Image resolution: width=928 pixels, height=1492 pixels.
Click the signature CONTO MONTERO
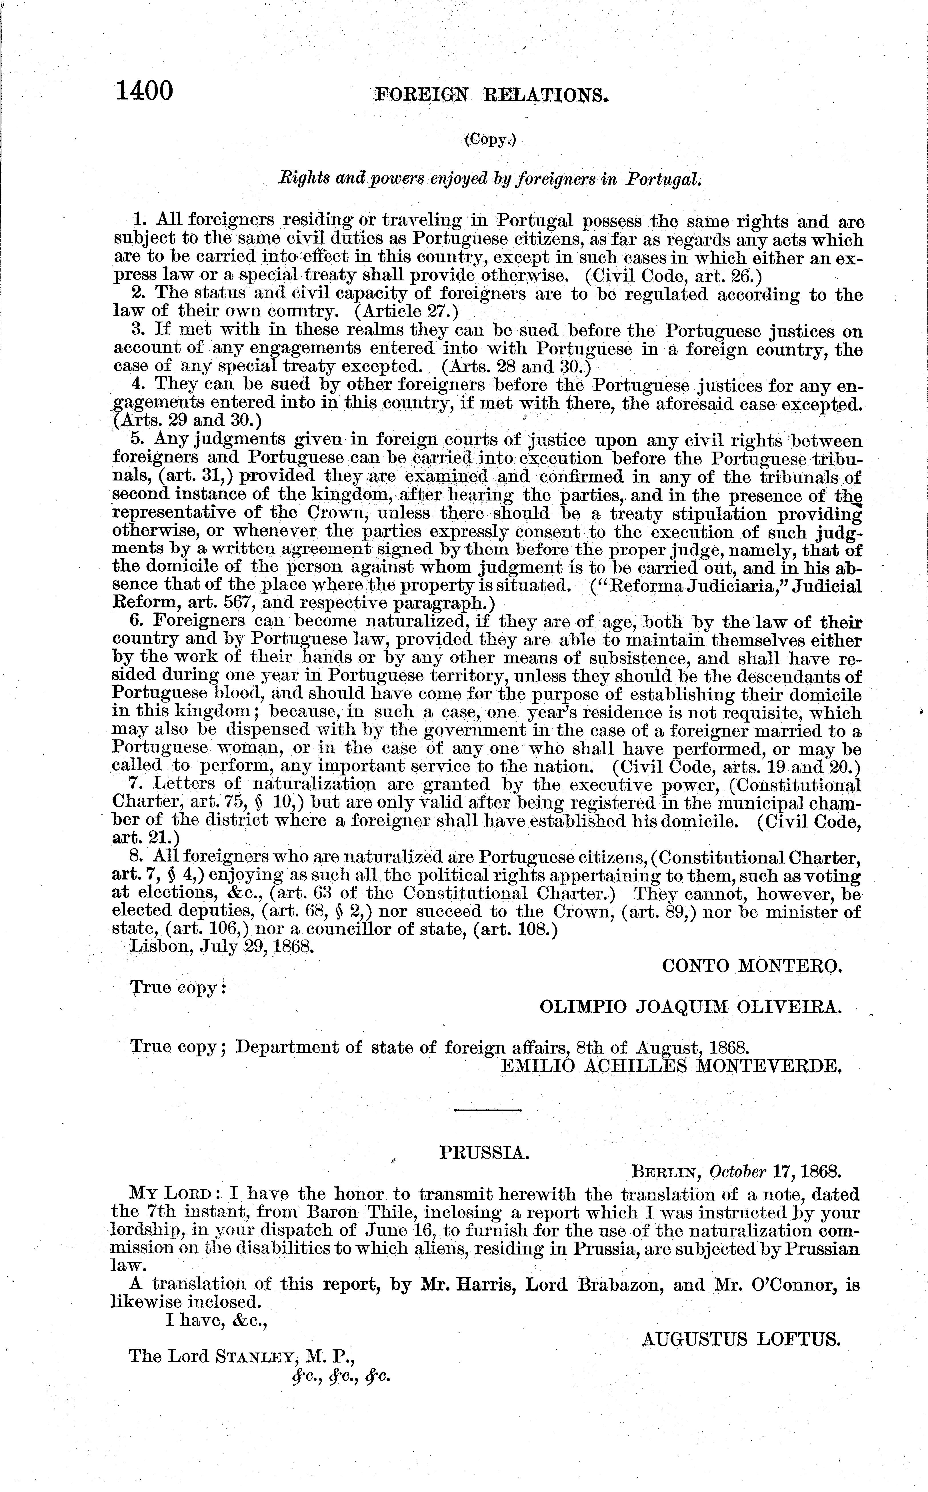752,966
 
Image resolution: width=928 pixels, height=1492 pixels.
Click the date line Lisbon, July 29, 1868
222,946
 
